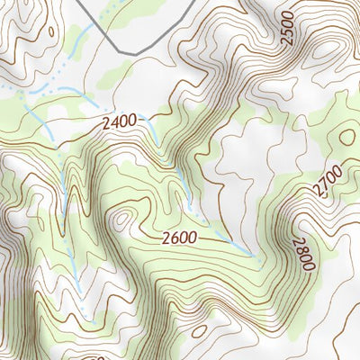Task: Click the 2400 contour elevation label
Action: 121,120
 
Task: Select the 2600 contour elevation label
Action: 182,238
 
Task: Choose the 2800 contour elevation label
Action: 302,253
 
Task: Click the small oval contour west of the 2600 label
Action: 121,219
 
